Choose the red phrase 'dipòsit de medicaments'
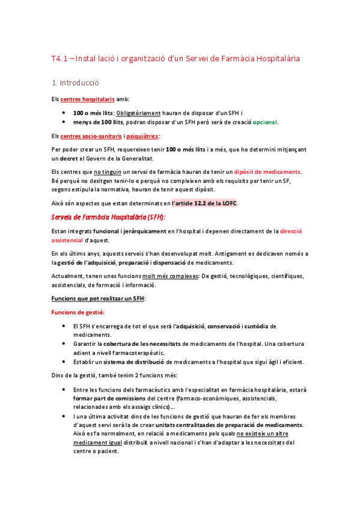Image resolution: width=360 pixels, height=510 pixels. (267, 172)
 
